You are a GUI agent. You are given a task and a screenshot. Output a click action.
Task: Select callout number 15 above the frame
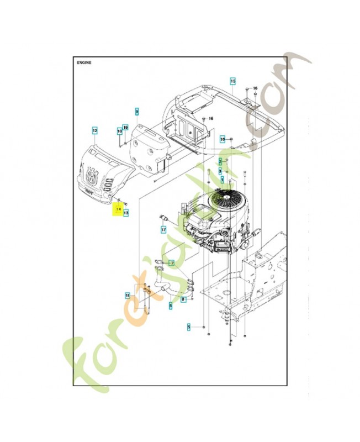click(232, 81)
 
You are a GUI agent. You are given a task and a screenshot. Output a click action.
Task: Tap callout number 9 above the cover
click(136, 110)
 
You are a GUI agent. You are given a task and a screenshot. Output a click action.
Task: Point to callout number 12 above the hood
click(94, 130)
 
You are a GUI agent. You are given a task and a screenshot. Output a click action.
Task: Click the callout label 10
click(119, 131)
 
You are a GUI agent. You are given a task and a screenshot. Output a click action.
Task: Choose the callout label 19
click(125, 128)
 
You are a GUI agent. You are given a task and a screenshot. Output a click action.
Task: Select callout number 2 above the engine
click(220, 160)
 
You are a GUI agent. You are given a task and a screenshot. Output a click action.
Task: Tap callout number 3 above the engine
click(220, 171)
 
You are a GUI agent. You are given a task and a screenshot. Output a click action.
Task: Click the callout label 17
click(163, 229)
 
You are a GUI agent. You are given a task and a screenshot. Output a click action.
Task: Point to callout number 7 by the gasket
click(171, 263)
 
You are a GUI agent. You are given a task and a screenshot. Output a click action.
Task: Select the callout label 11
click(128, 296)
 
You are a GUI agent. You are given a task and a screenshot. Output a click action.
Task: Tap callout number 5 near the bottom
click(188, 327)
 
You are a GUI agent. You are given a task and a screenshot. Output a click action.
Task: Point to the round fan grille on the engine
click(226, 196)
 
